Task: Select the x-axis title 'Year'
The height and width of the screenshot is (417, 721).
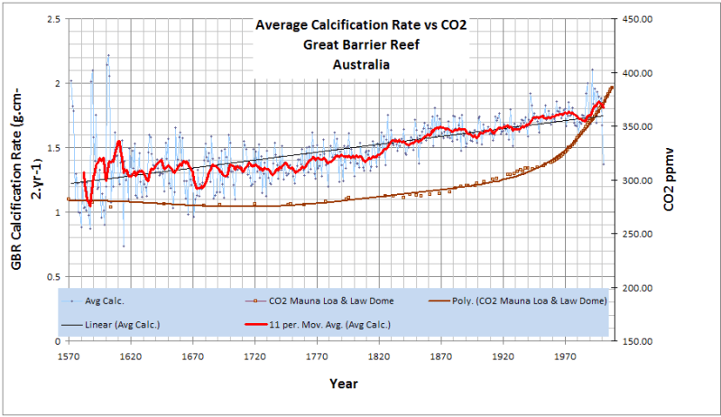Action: (343, 385)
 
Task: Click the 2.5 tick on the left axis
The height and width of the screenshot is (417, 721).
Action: (53, 19)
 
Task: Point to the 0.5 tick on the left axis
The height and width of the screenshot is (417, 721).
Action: (53, 277)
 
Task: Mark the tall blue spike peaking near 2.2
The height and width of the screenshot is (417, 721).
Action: (108, 56)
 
